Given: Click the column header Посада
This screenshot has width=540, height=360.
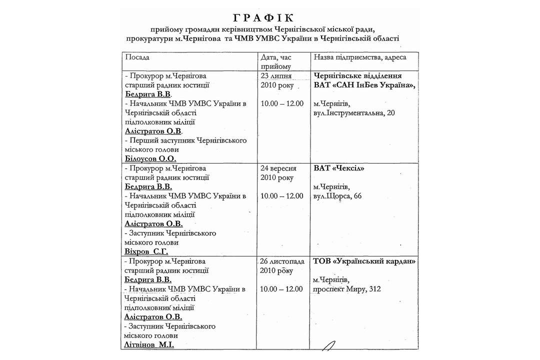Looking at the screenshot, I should pos(135,57).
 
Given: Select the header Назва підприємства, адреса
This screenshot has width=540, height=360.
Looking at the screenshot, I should pos(360,57).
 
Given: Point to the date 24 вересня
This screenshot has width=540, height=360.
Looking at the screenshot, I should pos(280,168).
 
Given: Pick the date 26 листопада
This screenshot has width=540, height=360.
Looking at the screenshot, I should pos(283,261).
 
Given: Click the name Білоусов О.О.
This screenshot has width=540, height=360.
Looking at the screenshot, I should pos(151,159).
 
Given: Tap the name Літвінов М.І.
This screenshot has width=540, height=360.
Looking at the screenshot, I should pos(149,345).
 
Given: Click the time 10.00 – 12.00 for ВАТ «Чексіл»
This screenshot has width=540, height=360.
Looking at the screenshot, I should pos(282,196).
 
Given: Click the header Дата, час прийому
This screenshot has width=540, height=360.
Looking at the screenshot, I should pos(275,62).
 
